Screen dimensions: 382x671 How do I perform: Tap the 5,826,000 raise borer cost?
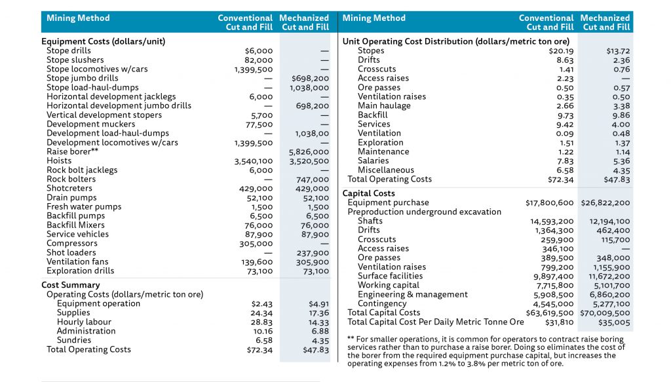pyautogui.click(x=309, y=151)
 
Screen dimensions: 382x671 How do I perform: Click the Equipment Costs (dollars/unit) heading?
pyautogui.click(x=103, y=41)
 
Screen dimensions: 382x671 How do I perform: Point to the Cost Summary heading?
pyautogui.click(x=71, y=285)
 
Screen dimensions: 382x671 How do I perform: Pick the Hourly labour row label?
pyautogui.click(x=84, y=322)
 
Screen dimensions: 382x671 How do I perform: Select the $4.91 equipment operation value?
pyautogui.click(x=318, y=303)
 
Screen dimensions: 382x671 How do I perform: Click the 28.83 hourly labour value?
pyautogui.click(x=261, y=322)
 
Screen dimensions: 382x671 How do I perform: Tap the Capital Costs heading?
pyautogui.click(x=368, y=193)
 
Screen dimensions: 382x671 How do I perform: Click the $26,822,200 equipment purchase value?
pyautogui.click(x=605, y=202)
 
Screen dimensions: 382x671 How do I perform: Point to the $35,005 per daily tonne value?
pyautogui.click(x=614, y=322)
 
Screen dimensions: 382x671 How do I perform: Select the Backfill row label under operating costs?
pyautogui.click(x=373, y=115)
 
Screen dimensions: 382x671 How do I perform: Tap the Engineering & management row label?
pyautogui.click(x=412, y=294)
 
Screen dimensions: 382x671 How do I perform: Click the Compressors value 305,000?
pyautogui.click(x=256, y=243)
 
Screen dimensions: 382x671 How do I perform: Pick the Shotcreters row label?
pyautogui.click(x=69, y=188)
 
